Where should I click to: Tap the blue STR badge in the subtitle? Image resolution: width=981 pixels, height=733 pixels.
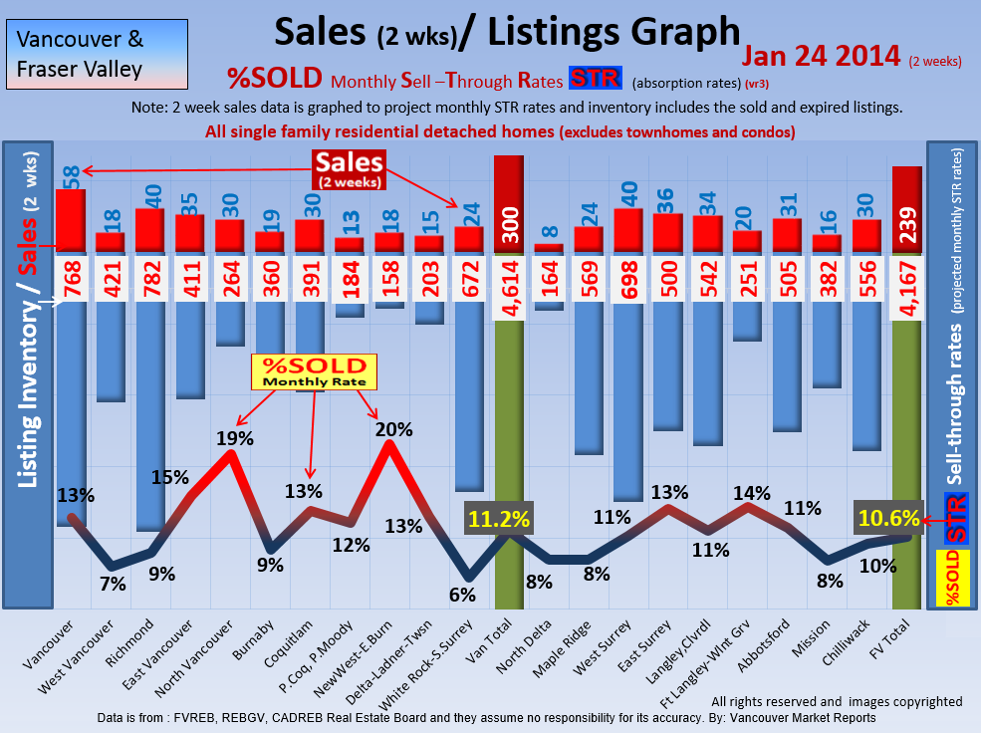point(594,79)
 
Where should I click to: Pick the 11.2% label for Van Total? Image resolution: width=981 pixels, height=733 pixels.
point(498,519)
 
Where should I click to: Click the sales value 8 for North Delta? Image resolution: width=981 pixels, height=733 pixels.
point(549,233)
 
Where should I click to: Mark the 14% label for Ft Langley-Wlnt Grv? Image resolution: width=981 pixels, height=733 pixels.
point(750,492)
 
